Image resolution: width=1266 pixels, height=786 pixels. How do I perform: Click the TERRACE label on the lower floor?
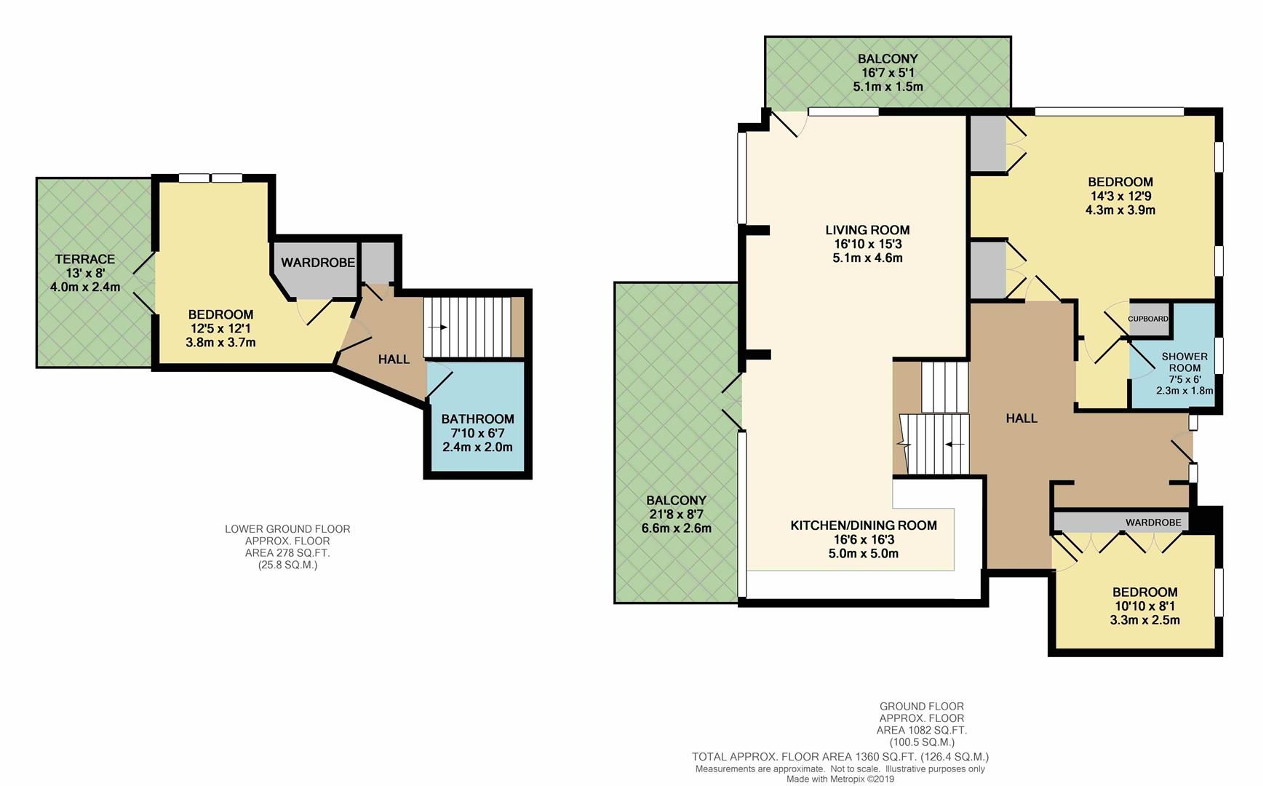[x=85, y=259]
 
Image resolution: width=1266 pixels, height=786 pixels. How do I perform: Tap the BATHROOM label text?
[x=477, y=419]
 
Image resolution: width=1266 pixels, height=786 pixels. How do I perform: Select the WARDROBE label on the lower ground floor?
[x=318, y=263]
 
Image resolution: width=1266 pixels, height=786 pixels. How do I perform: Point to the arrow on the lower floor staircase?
[x=438, y=327]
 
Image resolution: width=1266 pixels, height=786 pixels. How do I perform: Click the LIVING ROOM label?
[x=867, y=230]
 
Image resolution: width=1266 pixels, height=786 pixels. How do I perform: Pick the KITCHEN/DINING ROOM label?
[x=864, y=525]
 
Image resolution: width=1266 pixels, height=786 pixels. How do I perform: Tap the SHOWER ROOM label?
[x=1185, y=362]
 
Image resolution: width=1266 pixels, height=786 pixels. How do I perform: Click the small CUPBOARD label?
[x=1148, y=319]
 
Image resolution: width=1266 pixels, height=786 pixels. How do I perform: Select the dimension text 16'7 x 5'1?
[x=888, y=73]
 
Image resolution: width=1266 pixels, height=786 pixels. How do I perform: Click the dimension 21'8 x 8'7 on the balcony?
[x=676, y=515]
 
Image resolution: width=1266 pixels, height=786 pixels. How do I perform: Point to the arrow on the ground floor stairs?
[x=955, y=444]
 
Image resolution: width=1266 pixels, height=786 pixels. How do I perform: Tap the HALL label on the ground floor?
[x=1022, y=418]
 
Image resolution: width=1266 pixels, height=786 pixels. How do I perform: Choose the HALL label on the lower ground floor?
[x=394, y=360]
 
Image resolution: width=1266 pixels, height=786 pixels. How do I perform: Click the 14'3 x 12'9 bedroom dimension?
[x=1120, y=196]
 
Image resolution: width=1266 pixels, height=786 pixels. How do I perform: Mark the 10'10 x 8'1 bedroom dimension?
[x=1144, y=606]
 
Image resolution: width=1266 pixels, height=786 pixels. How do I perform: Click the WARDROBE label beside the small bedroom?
[x=1153, y=523]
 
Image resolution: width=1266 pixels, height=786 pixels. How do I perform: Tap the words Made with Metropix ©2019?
[x=840, y=779]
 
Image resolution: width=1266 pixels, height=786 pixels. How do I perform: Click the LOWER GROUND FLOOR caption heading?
[x=287, y=529]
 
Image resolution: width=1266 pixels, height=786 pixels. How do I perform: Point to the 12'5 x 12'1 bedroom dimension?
[x=220, y=328]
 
